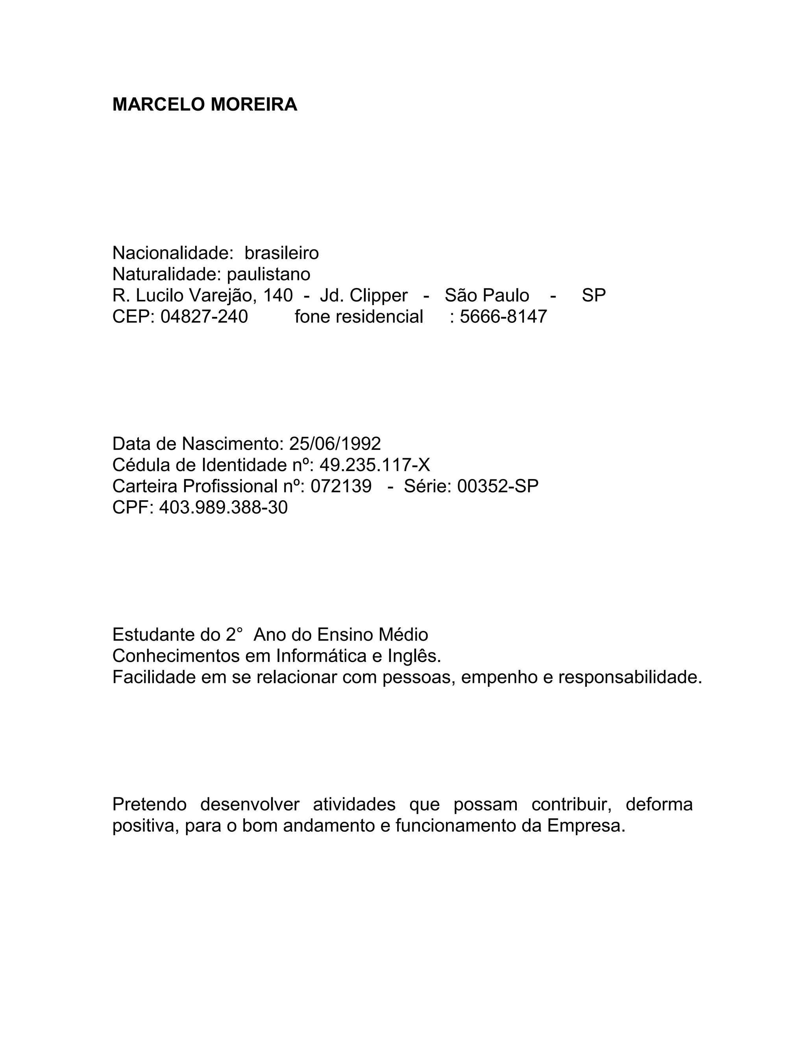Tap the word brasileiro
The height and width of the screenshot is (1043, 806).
click(281, 253)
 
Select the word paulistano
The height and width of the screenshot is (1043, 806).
click(268, 274)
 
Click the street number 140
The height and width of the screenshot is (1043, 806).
click(278, 296)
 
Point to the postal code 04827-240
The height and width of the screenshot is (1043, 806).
click(204, 316)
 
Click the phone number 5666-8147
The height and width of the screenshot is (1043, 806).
click(503, 316)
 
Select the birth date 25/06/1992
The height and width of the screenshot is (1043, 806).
click(335, 444)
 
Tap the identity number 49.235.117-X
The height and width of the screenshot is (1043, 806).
click(375, 465)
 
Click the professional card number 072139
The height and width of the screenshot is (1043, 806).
click(341, 486)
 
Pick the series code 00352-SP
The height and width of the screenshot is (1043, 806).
click(497, 486)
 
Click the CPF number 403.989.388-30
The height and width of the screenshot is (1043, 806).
click(224, 507)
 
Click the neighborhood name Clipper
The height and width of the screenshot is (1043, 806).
click(379, 296)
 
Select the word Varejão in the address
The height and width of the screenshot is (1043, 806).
click(223, 296)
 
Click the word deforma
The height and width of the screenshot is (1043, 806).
click(659, 804)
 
